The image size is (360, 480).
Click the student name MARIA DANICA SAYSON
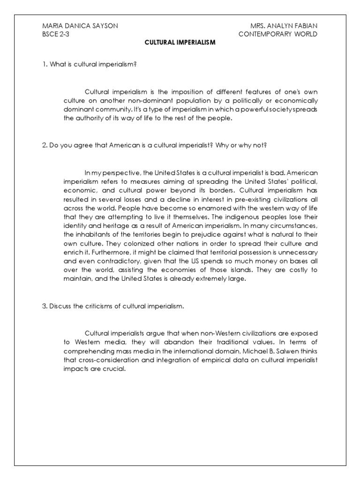point(80,26)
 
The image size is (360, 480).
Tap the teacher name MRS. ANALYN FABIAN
point(277,26)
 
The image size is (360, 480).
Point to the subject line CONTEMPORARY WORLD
point(278,34)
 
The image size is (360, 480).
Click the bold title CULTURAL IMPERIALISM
point(180,43)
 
